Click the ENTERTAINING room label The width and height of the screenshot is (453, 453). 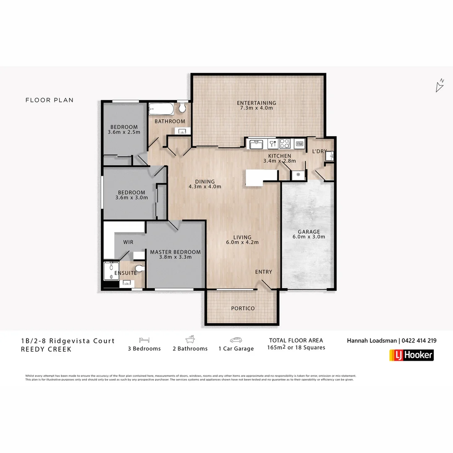coord(256,103)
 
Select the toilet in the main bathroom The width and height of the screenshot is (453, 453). coord(182,108)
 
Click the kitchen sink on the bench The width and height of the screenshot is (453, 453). coord(256,144)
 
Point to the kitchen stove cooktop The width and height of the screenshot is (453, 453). coord(285,143)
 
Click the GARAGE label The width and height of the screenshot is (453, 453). coord(309,232)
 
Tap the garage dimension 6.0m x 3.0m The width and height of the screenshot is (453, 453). coord(309,237)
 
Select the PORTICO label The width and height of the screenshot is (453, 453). coord(243,308)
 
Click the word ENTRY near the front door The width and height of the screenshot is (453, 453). coord(263,272)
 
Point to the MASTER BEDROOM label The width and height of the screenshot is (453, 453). coord(175,252)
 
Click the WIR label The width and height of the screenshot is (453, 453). coord(128,242)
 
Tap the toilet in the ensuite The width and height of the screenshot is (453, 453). coord(139,268)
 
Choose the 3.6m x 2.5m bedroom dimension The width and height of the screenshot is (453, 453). coord(124,132)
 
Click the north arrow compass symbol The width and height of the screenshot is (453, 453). coord(440,86)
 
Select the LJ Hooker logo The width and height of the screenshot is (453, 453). coord(411,355)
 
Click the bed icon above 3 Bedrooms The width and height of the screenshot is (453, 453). coord(144,340)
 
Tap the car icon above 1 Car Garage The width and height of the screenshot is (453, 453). coord(236,340)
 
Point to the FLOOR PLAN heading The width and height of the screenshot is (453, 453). coord(49,100)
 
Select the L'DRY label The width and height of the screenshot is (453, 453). coord(319,151)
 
